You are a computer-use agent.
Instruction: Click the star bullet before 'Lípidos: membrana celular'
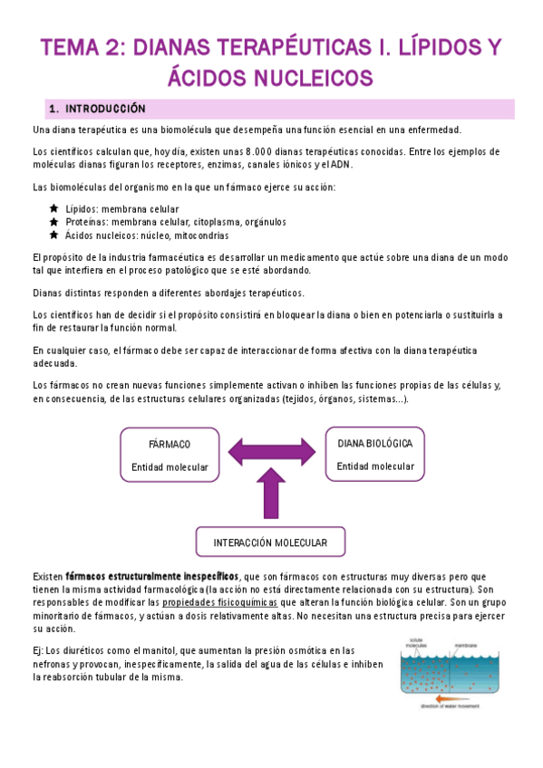coord(54,208)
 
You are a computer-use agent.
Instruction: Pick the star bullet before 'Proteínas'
coord(54,221)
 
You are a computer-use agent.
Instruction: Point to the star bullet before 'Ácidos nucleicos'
coord(54,235)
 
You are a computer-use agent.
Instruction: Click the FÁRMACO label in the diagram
coord(170,445)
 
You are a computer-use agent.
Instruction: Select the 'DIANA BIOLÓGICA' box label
coord(375,444)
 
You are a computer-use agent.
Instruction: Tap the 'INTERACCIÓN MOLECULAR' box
coord(272,542)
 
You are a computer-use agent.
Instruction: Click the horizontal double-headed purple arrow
coord(272,450)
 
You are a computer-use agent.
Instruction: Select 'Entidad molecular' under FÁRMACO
coord(170,467)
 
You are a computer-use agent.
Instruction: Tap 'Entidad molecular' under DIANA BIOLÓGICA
coord(375,466)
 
